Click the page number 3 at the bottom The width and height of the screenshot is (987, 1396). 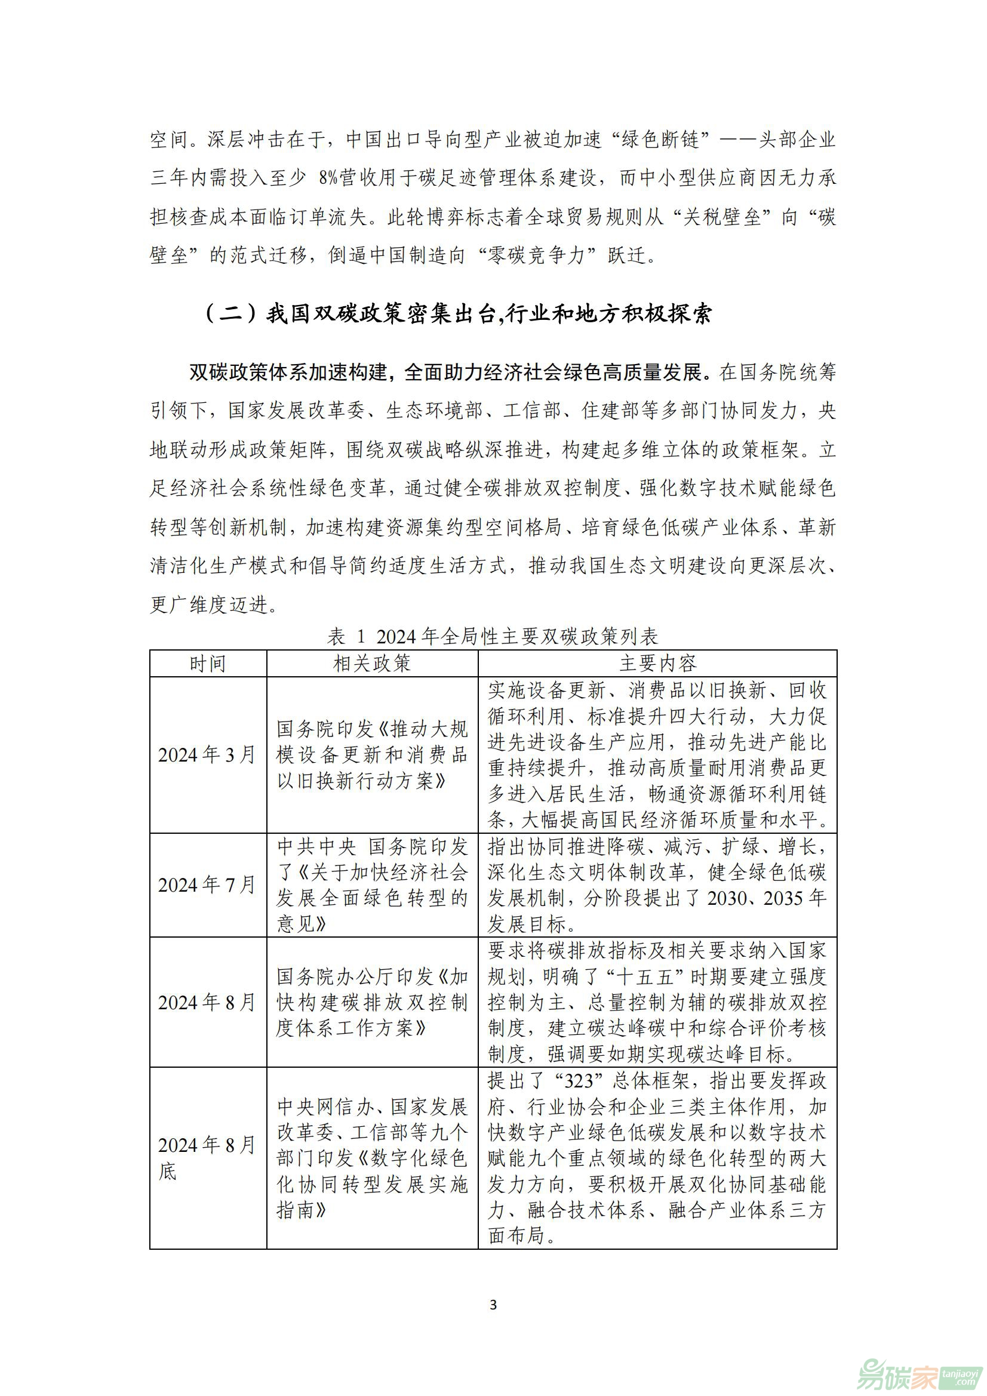click(x=493, y=1304)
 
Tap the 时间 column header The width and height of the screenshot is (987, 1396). click(x=208, y=663)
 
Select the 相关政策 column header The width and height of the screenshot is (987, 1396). click(x=372, y=663)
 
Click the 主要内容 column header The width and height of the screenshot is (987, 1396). click(x=657, y=663)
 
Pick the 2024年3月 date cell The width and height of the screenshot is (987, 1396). click(x=207, y=754)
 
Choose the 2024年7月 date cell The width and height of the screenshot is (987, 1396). click(x=207, y=885)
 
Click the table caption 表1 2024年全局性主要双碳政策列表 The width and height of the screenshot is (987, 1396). click(x=493, y=637)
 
